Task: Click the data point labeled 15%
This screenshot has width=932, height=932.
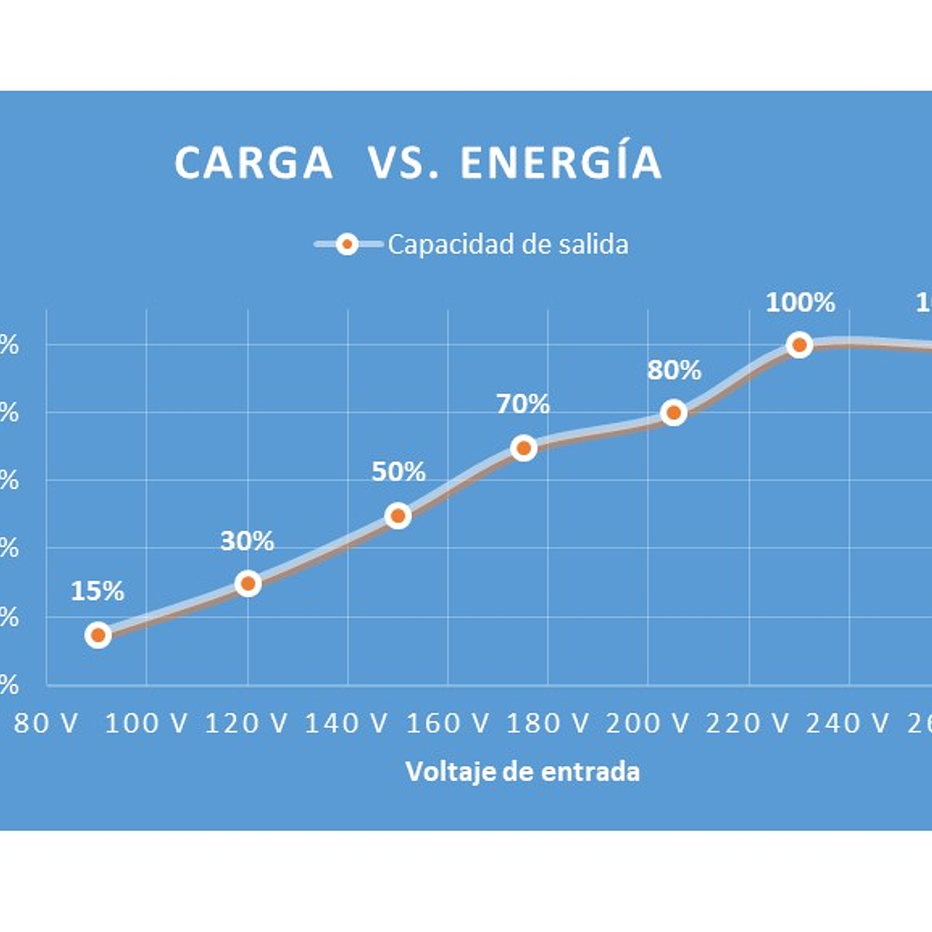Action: click(x=98, y=635)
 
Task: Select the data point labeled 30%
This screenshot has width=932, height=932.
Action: click(x=248, y=583)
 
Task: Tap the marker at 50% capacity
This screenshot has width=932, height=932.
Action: click(x=397, y=516)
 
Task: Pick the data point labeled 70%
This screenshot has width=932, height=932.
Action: click(x=523, y=447)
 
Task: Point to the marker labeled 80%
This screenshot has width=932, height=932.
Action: click(x=674, y=413)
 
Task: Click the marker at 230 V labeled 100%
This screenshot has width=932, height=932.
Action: click(x=799, y=345)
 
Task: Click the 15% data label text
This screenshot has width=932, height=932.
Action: click(x=98, y=592)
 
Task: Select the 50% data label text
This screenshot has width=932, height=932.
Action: click(x=398, y=472)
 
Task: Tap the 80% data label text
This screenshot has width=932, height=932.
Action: click(x=674, y=371)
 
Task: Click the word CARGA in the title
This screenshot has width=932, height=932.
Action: click(x=254, y=163)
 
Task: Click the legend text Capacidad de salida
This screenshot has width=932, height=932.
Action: click(x=508, y=244)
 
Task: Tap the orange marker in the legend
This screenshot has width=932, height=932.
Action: click(x=347, y=244)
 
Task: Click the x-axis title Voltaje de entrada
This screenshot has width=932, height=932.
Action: click(x=523, y=771)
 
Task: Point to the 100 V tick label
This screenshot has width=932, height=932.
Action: click(x=146, y=723)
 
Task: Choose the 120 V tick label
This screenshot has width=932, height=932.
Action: click(x=246, y=723)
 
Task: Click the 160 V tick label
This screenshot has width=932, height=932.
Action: click(x=447, y=723)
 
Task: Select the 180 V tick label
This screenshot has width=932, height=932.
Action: click(x=547, y=723)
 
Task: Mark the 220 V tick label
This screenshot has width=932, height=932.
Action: click(x=747, y=723)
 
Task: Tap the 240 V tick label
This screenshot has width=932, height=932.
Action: click(x=847, y=723)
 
